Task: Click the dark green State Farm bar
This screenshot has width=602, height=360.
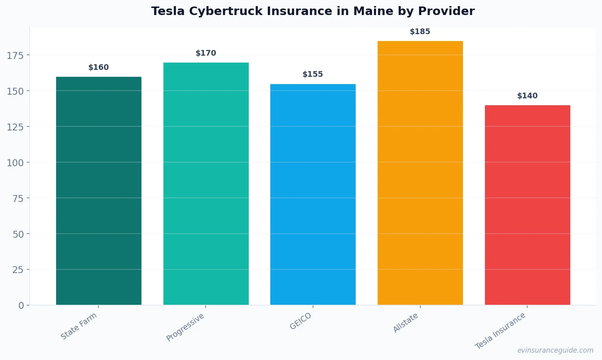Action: [99, 191]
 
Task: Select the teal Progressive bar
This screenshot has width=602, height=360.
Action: [206, 184]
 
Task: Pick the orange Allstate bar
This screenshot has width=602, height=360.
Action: [420, 173]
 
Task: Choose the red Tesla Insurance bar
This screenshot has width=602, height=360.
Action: [527, 205]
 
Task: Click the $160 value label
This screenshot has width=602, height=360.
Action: [99, 67]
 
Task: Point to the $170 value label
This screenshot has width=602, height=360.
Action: [206, 53]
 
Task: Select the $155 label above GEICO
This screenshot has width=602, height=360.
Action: [313, 74]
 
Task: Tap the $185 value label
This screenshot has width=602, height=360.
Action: [420, 32]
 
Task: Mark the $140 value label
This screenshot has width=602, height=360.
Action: [527, 96]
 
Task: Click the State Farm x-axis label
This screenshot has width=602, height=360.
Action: [79, 326]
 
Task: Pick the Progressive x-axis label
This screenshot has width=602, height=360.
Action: [185, 327]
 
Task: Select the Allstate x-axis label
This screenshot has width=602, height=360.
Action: [406, 323]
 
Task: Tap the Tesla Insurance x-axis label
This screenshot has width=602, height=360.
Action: [500, 331]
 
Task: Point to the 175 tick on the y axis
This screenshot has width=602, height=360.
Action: [15, 55]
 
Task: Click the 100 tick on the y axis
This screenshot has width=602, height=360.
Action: [15, 163]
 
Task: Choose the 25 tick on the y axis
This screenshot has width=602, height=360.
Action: [18, 270]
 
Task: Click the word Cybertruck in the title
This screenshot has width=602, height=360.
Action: [226, 11]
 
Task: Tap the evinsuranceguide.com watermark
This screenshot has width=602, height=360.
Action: [555, 350]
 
